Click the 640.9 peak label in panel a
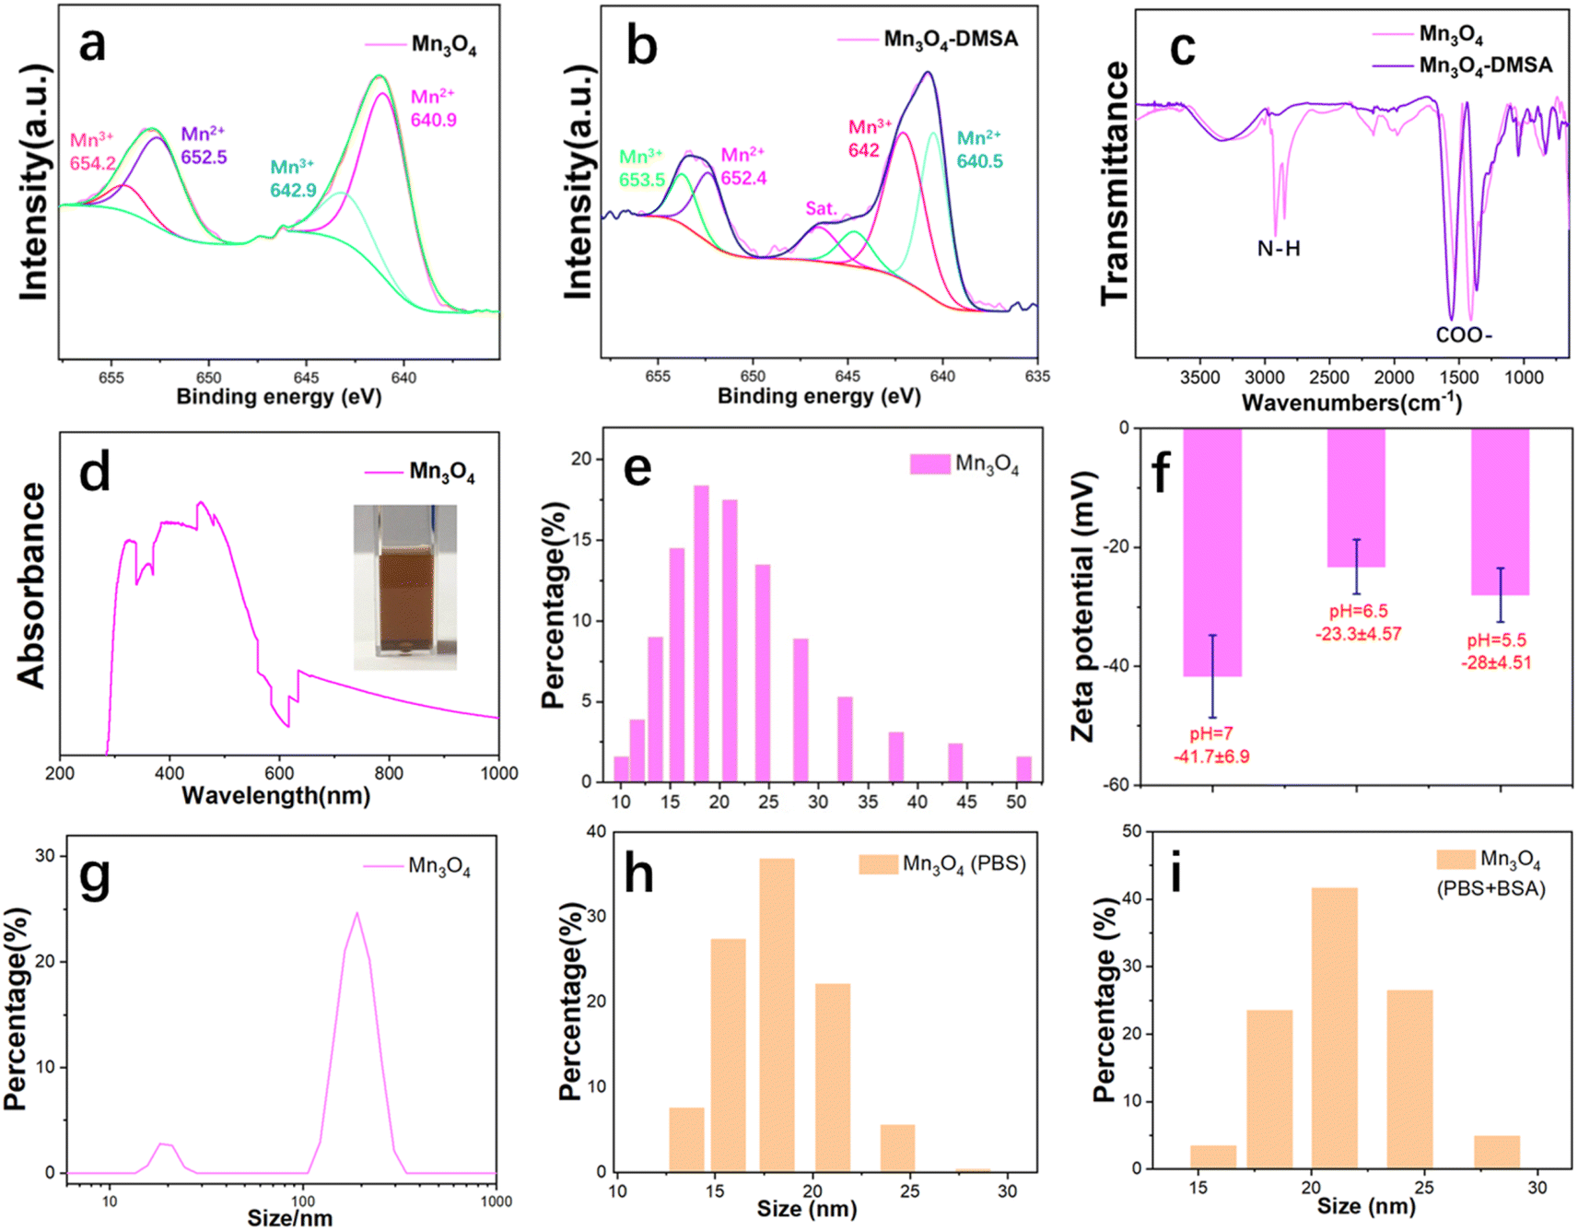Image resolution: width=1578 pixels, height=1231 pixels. pyautogui.click(x=433, y=121)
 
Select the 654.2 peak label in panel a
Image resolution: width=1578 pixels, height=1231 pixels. pyautogui.click(x=93, y=164)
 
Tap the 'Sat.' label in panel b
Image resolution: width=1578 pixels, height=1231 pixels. pyautogui.click(x=822, y=208)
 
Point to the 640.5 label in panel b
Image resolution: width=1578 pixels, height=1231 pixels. pyautogui.click(x=979, y=161)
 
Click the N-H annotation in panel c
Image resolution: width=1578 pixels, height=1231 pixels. pyautogui.click(x=1279, y=249)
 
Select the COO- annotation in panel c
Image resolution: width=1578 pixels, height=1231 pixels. pyautogui.click(x=1464, y=335)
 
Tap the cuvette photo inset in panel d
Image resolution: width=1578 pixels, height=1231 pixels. pyautogui.click(x=405, y=587)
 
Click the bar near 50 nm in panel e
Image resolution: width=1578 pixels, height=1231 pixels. pyautogui.click(x=1023, y=769)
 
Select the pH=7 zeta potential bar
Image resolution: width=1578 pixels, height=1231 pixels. pyautogui.click(x=1212, y=552)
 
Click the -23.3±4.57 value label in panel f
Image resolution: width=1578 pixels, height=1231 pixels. pyautogui.click(x=1358, y=634)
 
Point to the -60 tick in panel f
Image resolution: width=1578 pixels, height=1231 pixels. pyautogui.click(x=1116, y=784)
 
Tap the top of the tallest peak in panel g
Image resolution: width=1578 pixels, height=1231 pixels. pyautogui.click(x=357, y=913)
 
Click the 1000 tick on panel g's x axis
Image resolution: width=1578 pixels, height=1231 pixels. pyautogui.click(x=497, y=1202)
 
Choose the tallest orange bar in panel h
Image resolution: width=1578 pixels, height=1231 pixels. pyautogui.click(x=777, y=1015)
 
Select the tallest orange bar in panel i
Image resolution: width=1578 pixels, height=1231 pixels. pyautogui.click(x=1334, y=1028)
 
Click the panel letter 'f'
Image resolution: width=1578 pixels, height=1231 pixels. pyautogui.click(x=1162, y=471)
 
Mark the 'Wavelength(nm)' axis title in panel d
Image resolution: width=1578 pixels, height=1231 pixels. pyautogui.click(x=275, y=795)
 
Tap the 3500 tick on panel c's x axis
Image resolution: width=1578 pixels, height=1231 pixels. pyautogui.click(x=1200, y=378)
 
